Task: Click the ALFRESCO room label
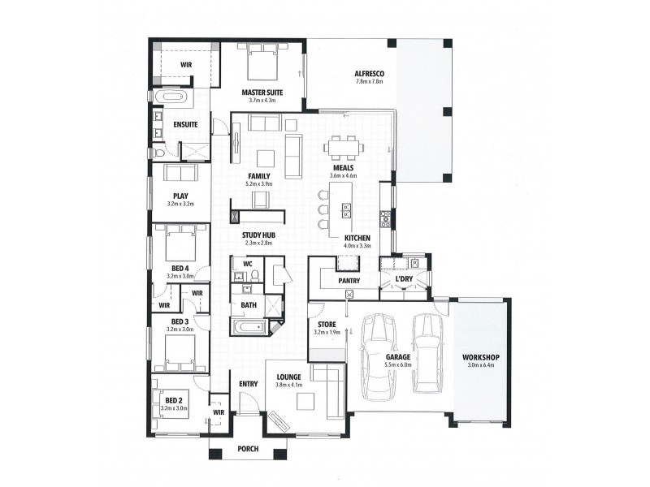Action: [368, 73]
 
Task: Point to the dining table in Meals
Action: [341, 148]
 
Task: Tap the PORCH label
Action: [248, 449]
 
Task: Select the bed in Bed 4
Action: [180, 241]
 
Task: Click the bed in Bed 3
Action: [180, 351]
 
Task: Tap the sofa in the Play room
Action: [180, 174]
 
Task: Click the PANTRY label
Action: [349, 281]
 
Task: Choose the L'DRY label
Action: [404, 280]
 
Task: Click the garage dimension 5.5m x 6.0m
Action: [398, 365]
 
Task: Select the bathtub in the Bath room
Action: [248, 327]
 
